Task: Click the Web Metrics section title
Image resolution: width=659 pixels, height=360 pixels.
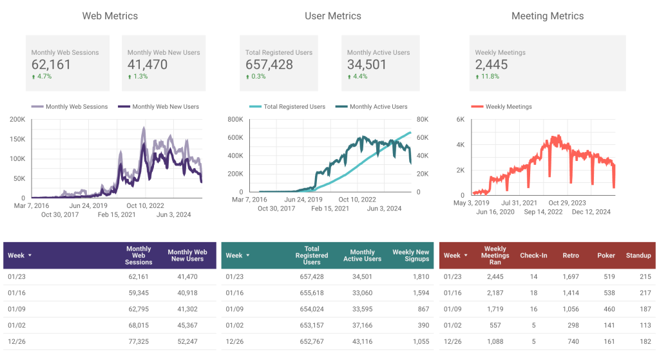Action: pos(110,16)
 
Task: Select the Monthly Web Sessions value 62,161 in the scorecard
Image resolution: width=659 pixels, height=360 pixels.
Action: pos(51,64)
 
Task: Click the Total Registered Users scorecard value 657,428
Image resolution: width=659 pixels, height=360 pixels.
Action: pos(269,64)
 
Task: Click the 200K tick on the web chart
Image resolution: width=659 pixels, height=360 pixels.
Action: pos(17,119)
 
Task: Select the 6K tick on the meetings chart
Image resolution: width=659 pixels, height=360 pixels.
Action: pos(460,119)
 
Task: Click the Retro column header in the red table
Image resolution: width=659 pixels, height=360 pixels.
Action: pos(570,256)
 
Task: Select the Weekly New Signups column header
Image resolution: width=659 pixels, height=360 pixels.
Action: pos(410,256)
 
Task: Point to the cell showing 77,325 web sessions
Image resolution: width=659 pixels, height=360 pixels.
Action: pos(137,341)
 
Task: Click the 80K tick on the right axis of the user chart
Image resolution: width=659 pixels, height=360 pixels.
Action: pos(423,119)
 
